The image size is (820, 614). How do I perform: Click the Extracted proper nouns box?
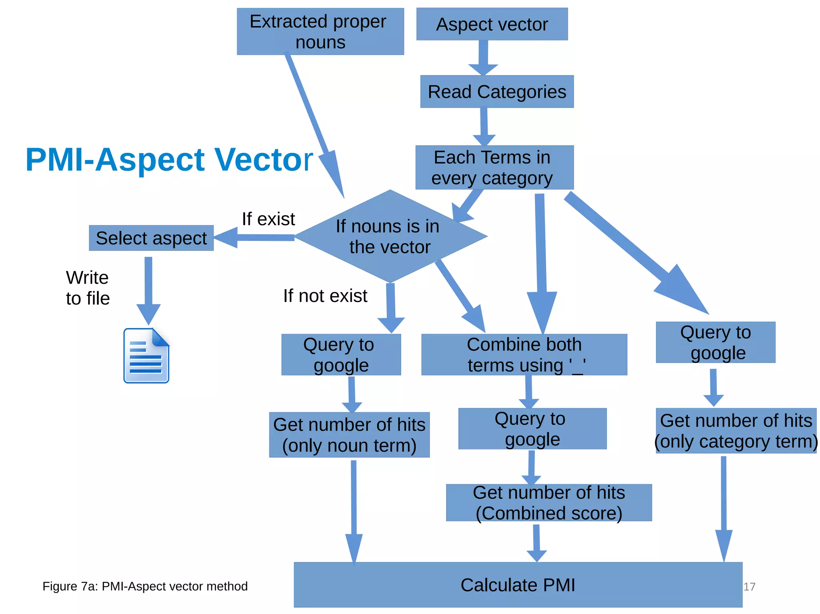point(320,32)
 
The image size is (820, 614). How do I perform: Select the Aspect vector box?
point(492,24)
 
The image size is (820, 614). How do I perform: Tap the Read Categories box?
point(496,92)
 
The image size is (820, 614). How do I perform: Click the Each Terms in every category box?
point(494,168)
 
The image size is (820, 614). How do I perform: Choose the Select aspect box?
point(151,238)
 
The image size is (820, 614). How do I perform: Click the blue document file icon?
point(146,356)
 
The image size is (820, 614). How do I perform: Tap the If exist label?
point(268,219)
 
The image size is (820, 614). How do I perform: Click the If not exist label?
point(325,296)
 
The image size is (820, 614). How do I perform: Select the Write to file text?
point(88,288)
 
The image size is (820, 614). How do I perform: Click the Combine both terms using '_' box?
point(524,355)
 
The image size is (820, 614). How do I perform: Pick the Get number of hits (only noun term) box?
point(349,435)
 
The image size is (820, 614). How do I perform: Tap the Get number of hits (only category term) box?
point(736,431)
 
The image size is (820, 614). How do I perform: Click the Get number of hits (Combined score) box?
point(549,503)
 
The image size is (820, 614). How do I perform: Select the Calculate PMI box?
point(517,585)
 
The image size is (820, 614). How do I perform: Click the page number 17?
point(749,587)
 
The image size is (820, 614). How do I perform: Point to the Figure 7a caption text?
point(145,586)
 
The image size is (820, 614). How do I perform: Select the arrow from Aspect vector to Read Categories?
point(483,58)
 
